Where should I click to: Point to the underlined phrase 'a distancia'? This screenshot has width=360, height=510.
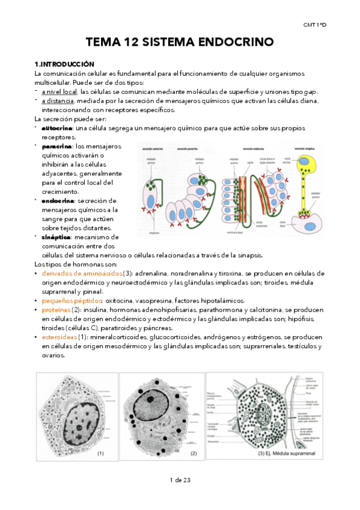pyautogui.click(x=56, y=100)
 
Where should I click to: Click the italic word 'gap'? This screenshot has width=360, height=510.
pyautogui.click(x=312, y=91)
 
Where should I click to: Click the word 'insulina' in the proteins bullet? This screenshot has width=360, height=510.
pyautogui.click(x=97, y=309)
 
